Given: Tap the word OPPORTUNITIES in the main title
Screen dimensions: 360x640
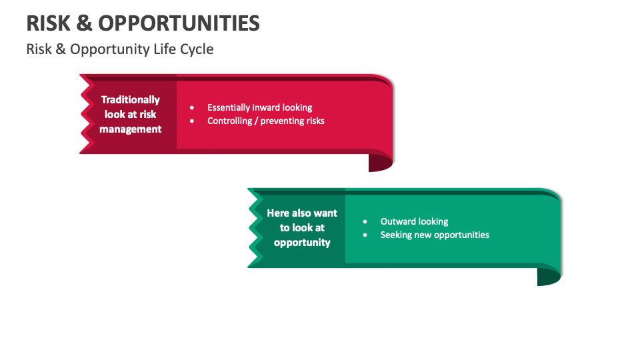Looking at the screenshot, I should pos(179,23).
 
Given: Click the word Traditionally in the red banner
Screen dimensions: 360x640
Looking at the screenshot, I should pos(131,99).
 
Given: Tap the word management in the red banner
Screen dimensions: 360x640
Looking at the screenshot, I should pos(131,129).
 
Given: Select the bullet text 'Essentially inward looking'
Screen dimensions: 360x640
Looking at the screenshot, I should pos(259,107).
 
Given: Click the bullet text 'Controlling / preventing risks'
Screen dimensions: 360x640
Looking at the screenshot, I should pos(265,121).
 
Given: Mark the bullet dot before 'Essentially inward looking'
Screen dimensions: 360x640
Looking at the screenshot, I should pos(192,107).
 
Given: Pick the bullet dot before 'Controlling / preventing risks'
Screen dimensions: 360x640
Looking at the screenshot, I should pos(192,121).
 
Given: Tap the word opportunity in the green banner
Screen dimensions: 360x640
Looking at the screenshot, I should pos(302,243).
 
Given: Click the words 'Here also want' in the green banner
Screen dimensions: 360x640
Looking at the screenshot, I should pos(302,213).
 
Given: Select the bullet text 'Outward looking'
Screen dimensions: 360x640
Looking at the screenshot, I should pos(414,221).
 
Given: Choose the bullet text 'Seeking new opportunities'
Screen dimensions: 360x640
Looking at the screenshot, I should pos(435,235).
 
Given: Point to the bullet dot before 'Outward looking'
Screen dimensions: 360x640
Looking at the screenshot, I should pos(365,221).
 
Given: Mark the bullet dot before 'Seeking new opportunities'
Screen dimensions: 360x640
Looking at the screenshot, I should pos(365,235).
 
